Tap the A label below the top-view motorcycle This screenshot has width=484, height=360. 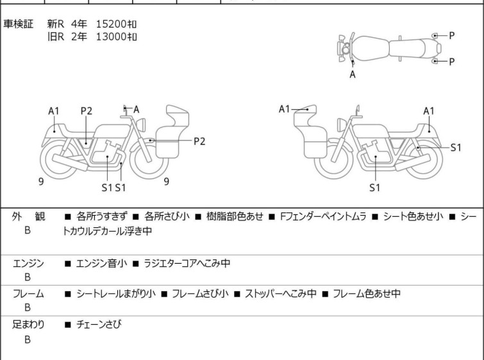point(353,74)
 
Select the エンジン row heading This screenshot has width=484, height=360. point(28,263)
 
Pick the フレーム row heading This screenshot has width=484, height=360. point(28,294)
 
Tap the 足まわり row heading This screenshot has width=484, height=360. point(28,325)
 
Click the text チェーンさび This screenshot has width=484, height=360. point(98,325)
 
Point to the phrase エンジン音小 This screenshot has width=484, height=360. point(102,263)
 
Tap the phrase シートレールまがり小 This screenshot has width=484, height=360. point(115,294)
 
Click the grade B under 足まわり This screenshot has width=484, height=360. point(28,339)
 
